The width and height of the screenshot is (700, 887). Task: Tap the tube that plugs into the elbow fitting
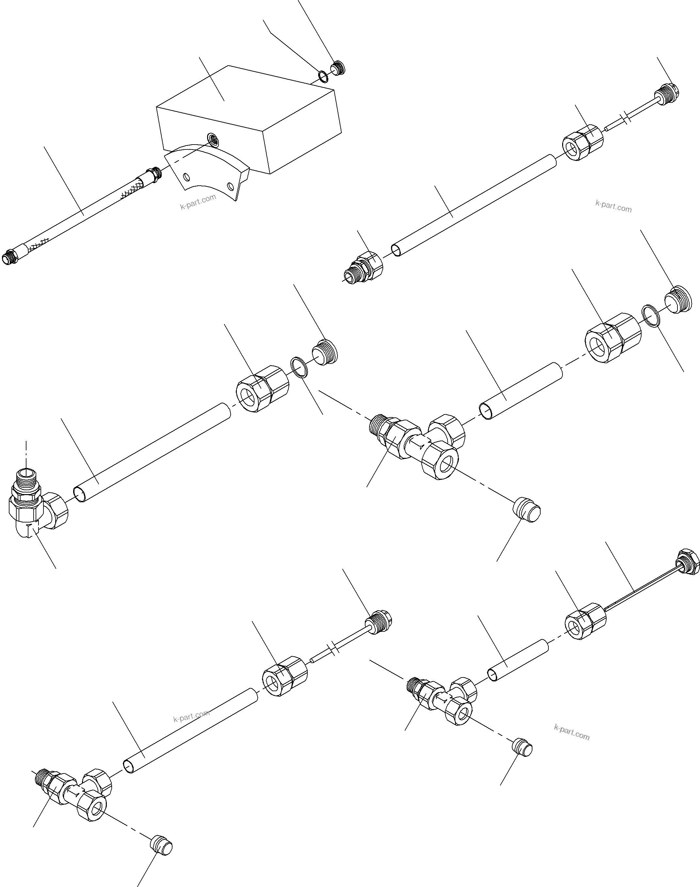[x=152, y=453]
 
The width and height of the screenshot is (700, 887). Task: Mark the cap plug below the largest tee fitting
[x=527, y=510]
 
